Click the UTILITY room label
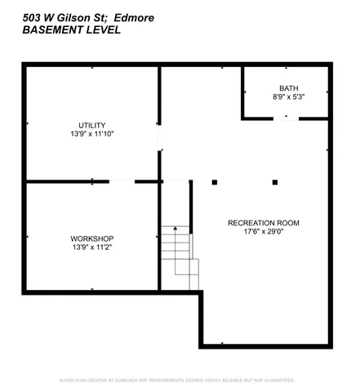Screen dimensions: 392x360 click(91, 125)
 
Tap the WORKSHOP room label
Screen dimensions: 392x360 click(91, 238)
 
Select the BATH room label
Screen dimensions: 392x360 click(289, 88)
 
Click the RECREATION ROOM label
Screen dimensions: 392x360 click(264, 222)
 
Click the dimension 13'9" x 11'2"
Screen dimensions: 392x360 click(91, 247)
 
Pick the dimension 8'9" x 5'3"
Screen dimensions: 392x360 click(289, 96)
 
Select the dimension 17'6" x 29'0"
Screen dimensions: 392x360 click(264, 231)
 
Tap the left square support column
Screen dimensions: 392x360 click(215, 181)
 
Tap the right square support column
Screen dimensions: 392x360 click(275, 181)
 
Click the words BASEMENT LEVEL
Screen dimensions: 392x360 click(73, 30)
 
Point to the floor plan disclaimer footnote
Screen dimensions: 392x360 click(178, 380)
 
